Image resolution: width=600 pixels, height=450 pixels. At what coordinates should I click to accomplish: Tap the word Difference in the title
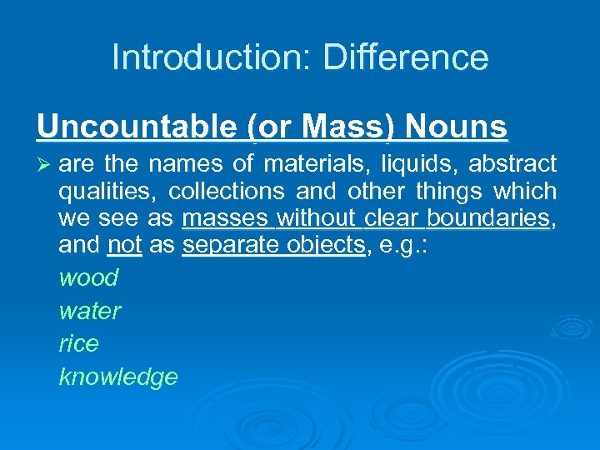click(x=405, y=57)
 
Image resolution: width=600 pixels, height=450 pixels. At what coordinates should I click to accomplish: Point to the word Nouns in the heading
click(x=457, y=127)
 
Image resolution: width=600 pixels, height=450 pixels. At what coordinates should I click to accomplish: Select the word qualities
click(x=106, y=192)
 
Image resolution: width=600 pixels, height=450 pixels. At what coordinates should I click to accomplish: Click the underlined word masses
click(x=225, y=219)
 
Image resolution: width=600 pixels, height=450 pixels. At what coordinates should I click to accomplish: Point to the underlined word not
click(x=125, y=247)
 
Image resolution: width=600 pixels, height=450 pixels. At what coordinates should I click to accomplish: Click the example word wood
click(x=88, y=277)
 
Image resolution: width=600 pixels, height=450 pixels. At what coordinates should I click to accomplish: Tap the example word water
click(x=90, y=311)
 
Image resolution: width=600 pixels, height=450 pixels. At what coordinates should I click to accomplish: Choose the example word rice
click(x=78, y=343)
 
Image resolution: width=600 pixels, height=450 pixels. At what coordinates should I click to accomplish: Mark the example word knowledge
click(x=118, y=377)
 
